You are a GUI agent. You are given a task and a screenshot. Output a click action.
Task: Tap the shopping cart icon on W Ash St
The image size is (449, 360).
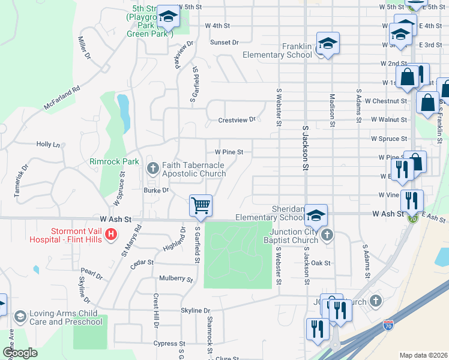click(200, 205)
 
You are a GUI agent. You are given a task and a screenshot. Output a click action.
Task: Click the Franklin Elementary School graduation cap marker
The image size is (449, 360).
click(328, 44)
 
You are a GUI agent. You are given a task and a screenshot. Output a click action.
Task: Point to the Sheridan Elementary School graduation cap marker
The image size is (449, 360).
click(316, 215)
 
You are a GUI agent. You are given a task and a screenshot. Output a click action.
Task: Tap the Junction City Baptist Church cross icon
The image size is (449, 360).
click(326, 234)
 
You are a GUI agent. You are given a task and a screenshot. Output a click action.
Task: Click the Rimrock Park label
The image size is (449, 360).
click(114, 161)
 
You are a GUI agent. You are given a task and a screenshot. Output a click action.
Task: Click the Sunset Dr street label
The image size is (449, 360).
click(224, 43)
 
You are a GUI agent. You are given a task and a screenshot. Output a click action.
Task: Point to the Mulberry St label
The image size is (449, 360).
click(176, 279)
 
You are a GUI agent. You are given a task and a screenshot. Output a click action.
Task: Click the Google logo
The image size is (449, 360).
click(20, 353)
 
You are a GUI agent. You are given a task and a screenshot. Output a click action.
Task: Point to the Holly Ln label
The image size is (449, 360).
click(48, 145)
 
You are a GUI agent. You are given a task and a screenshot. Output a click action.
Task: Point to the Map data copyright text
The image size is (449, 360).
click(423, 355)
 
